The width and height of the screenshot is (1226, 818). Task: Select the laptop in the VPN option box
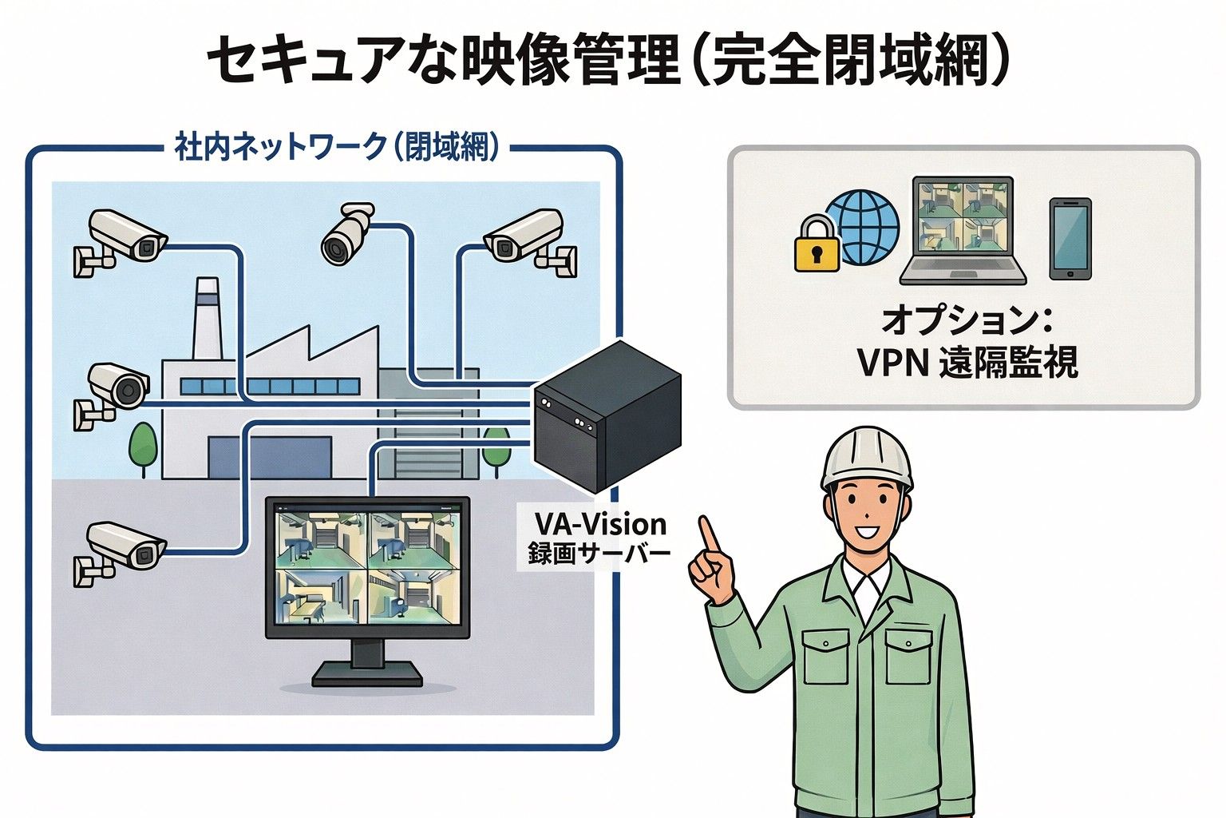(963, 232)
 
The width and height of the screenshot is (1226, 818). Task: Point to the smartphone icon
(1070, 239)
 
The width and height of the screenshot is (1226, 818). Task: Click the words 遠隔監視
(1008, 362)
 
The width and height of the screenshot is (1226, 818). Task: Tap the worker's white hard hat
(866, 456)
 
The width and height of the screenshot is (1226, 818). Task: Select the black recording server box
(607, 415)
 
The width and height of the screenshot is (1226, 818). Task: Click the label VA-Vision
(600, 524)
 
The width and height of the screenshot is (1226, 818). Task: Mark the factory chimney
(206, 320)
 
